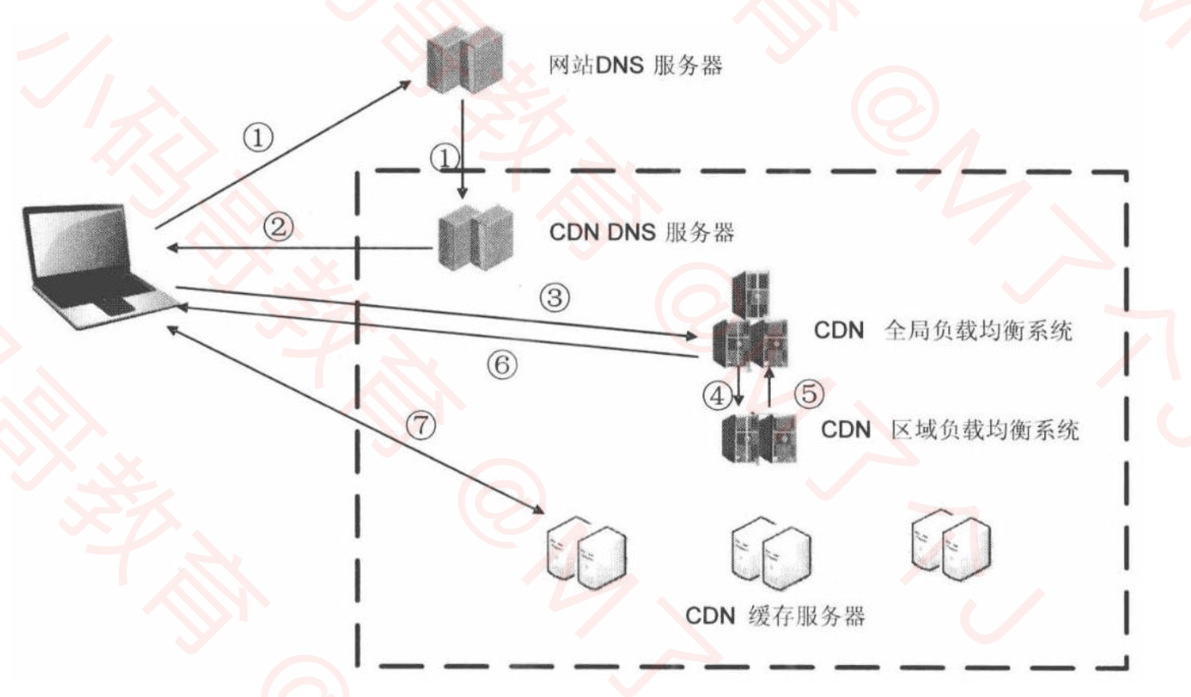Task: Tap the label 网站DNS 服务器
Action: coord(635,65)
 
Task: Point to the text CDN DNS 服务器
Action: coord(641,233)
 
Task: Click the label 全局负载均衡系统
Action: coord(978,330)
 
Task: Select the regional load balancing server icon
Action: coord(759,436)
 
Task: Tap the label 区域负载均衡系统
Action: coord(984,430)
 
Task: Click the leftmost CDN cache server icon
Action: coord(586,554)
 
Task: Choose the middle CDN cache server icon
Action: coord(771,552)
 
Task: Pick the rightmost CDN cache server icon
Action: coord(951,545)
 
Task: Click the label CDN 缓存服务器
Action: coord(775,616)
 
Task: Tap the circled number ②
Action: coord(278,226)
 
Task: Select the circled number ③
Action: coord(554,298)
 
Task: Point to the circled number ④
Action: coord(717,395)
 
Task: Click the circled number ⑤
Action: coord(808,393)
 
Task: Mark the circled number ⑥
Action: coord(501,365)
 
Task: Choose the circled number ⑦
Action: coord(421,424)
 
